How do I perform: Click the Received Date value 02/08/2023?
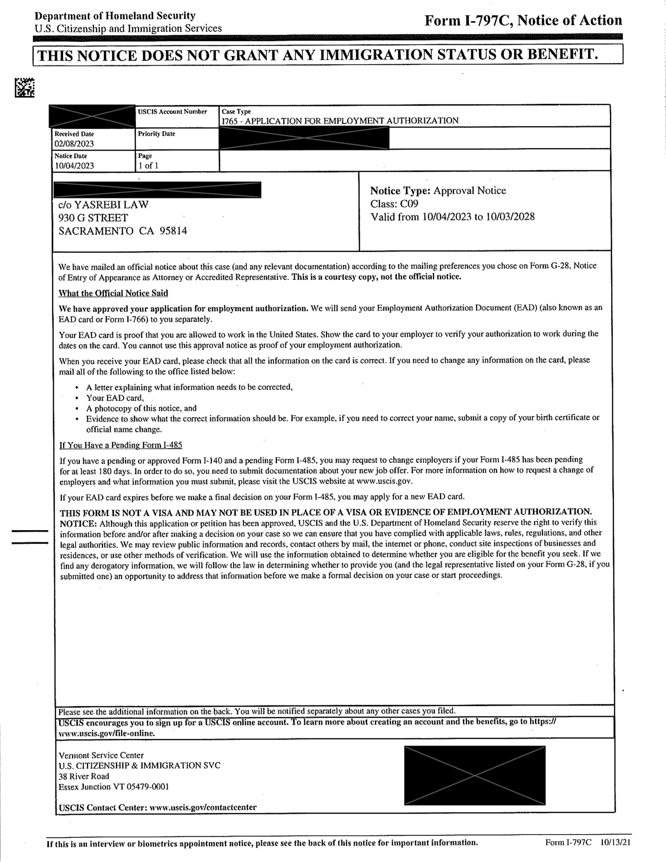tap(74, 144)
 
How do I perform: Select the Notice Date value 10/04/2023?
tap(74, 166)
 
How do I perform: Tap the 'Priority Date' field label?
tap(156, 134)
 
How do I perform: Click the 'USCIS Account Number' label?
tap(172, 112)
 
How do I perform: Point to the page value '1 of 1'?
tap(148, 166)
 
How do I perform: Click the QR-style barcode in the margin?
tap(25, 88)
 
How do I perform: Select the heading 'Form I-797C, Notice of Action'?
tap(523, 20)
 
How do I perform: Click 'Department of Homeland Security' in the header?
tap(115, 16)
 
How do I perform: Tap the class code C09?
tap(409, 204)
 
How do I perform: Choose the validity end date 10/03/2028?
tap(510, 217)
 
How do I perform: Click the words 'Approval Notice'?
tap(469, 191)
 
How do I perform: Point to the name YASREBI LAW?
tap(111, 204)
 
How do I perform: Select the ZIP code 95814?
tap(173, 231)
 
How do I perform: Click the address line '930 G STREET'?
tap(93, 218)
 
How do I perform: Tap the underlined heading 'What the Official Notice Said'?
tap(113, 293)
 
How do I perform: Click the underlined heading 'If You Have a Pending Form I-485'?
tap(121, 445)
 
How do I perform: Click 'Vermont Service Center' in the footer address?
tap(101, 755)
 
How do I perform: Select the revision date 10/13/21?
tap(615, 842)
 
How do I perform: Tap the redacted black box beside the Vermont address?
tap(474, 775)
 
